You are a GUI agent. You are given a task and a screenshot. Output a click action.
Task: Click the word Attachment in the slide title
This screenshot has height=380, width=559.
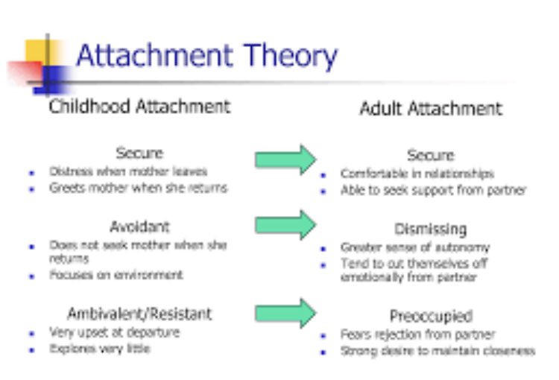pos(154,56)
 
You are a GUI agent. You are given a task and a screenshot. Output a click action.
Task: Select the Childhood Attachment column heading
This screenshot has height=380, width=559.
pos(139,107)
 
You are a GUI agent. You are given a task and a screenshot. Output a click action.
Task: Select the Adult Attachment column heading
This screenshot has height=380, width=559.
pos(431,109)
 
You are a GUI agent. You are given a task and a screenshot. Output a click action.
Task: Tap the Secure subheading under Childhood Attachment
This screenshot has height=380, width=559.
pos(139,153)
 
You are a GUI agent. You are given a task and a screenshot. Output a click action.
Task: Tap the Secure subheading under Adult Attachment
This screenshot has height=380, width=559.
pos(431,156)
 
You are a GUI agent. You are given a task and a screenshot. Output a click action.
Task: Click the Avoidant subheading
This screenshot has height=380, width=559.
pos(139,227)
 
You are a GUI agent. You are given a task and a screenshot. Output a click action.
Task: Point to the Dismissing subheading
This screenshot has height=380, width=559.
pos(431,229)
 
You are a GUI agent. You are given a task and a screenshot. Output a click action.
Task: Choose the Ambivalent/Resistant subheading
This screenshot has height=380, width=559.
pos(139,314)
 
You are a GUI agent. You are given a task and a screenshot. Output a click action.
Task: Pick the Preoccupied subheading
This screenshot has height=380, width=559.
pos(431,316)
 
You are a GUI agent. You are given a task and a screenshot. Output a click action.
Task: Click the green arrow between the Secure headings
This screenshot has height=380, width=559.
pos(285,159)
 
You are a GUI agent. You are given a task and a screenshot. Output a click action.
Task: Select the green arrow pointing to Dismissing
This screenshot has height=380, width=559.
pos(285,224)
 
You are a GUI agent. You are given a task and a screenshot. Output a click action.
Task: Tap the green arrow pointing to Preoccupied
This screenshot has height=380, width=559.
pos(285,312)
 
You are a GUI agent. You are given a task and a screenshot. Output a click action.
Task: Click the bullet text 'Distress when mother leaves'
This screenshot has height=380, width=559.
pos(128,171)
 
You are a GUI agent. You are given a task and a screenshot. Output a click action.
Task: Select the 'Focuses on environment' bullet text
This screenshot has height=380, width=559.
pos(116,276)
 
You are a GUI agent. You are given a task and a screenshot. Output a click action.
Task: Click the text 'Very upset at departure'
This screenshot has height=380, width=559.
pos(114,332)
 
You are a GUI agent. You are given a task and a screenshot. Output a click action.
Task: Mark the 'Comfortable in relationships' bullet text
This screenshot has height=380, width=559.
pos(417,174)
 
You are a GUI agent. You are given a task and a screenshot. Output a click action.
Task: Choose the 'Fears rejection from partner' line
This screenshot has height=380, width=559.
pos(417,334)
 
